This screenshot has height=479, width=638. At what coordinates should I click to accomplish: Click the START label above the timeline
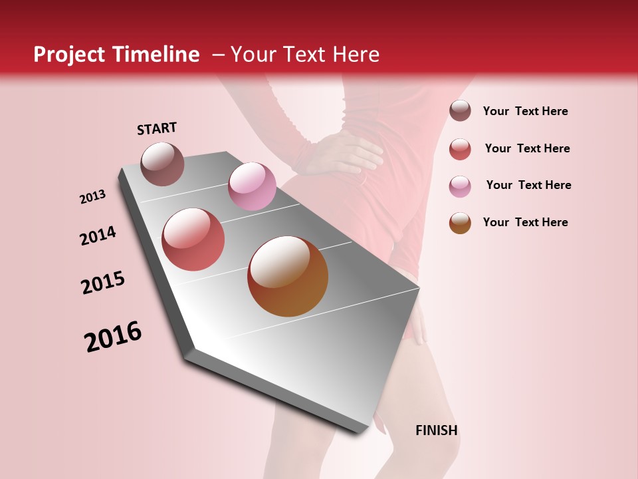coord(157,128)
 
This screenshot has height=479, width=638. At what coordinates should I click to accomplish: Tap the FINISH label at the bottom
coord(436,430)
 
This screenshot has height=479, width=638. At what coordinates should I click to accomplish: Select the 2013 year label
coord(92,197)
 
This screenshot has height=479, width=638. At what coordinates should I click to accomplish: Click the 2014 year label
coord(98,236)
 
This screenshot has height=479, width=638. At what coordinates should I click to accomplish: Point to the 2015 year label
coord(102,283)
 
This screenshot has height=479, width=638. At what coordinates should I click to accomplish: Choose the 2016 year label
coord(113,337)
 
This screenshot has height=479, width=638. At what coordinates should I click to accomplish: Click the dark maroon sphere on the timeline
coord(162,164)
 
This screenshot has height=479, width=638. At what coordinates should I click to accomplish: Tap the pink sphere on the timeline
coord(252,186)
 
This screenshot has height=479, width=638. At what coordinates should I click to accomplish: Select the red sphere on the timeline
coord(193,239)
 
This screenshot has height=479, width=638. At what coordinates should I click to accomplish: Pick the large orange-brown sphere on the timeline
coord(288,276)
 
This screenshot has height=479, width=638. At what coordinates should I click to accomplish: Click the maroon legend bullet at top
coord(460,110)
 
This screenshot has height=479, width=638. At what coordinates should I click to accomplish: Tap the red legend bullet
coord(460,149)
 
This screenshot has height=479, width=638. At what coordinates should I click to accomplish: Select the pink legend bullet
coord(460,186)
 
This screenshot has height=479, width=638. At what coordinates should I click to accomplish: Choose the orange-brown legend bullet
coord(460,223)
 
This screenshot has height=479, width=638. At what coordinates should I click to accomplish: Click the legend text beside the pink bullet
coord(528,185)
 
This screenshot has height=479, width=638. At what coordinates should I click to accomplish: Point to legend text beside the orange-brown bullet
coord(525,222)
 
